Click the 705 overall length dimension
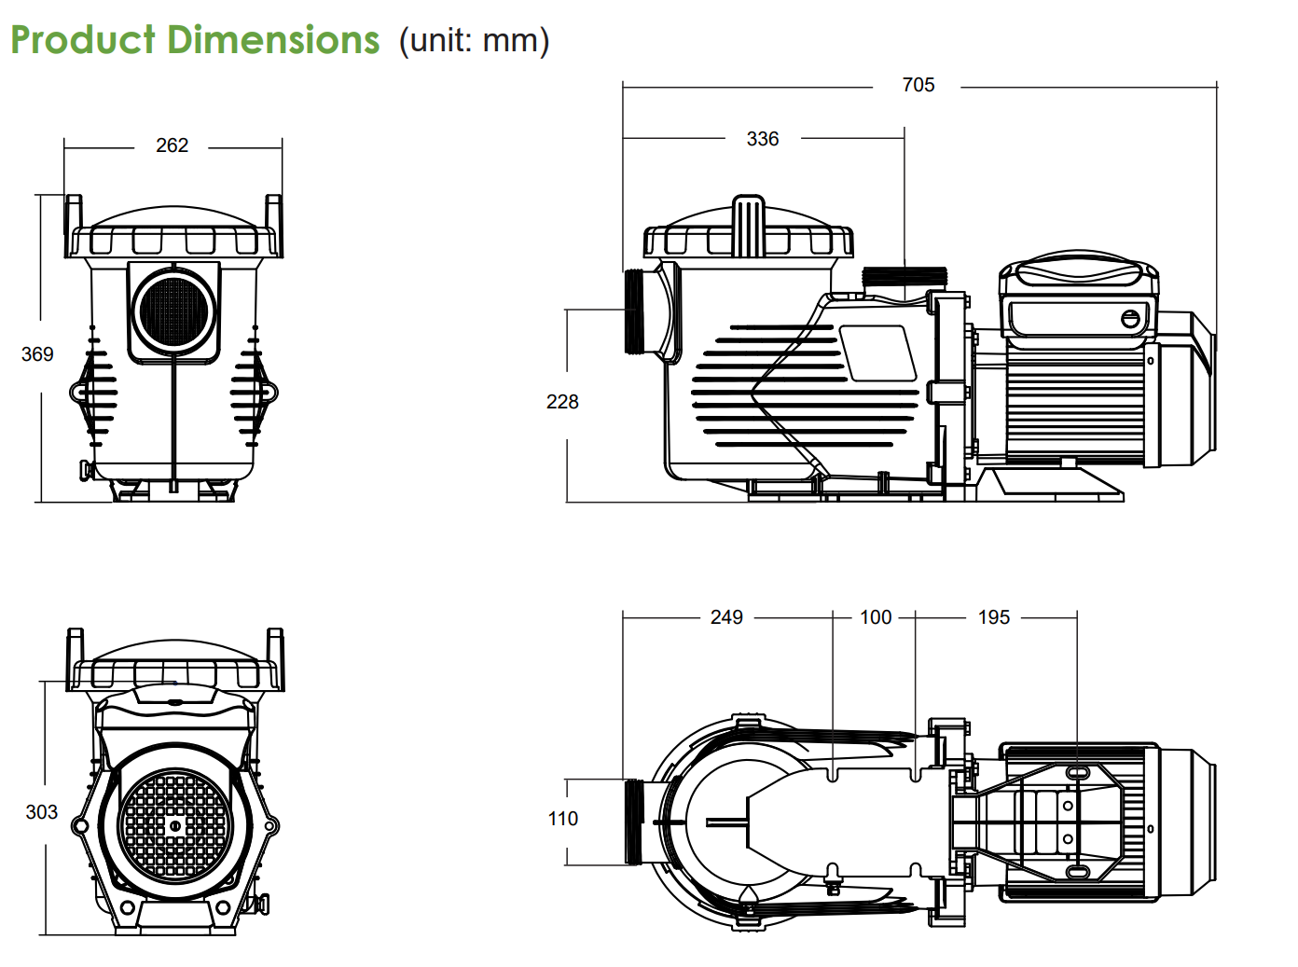918,85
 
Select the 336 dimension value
762,139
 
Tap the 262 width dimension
172,145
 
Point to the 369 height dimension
37,354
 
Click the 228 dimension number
562,402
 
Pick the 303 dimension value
41,812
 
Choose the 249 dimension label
726,617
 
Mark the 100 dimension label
876,617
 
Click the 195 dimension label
994,617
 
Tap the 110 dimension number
562,819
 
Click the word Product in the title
83,40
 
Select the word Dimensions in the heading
274,40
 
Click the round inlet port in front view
174,311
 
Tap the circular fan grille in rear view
174,825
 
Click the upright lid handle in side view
748,226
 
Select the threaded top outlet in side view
904,277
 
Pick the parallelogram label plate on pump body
877,353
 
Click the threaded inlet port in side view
635,311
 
